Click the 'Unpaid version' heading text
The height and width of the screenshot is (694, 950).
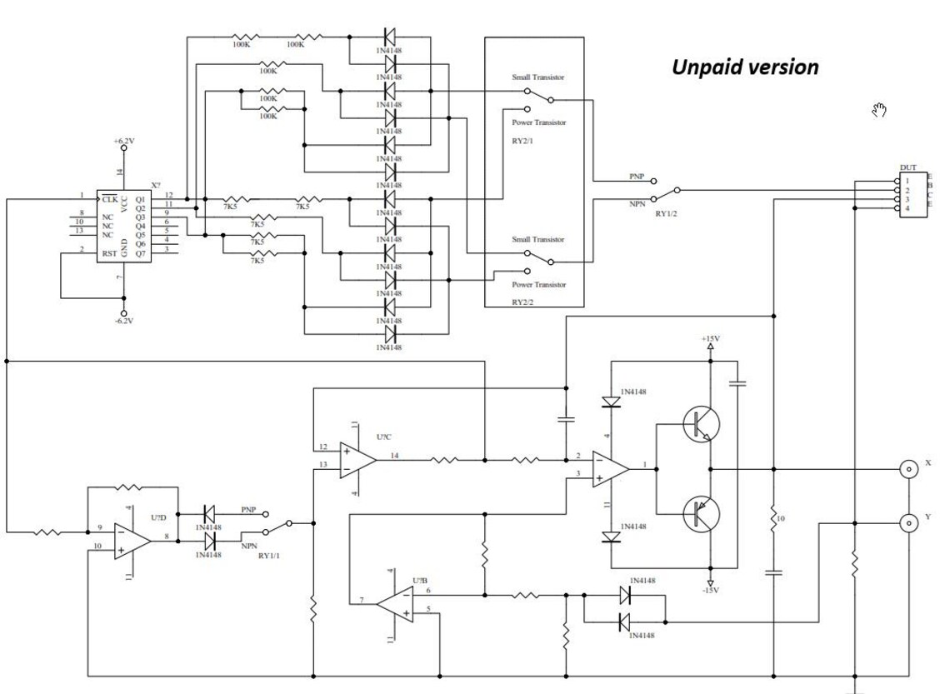[745, 67]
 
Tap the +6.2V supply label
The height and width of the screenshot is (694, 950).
[123, 142]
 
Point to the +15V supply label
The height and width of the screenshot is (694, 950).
[710, 339]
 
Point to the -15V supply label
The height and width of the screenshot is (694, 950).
[710, 591]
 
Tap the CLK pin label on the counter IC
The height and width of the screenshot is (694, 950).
[109, 199]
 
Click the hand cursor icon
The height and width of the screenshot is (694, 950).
[878, 108]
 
